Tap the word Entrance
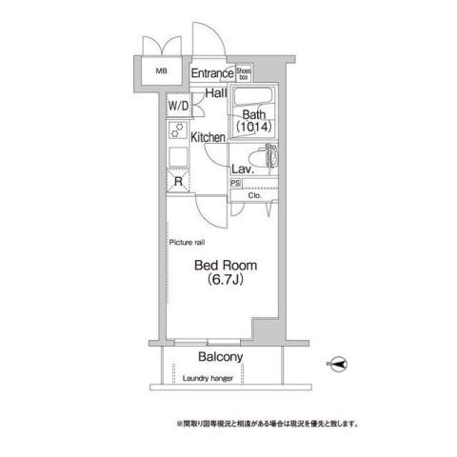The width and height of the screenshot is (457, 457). [x=211, y=74]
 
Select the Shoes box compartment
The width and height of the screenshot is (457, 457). [x=244, y=72]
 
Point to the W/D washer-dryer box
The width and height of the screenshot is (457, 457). [x=179, y=107]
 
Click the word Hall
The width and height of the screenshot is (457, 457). [x=216, y=93]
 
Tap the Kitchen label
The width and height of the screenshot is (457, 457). [x=208, y=138]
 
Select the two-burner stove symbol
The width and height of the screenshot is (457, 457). [x=177, y=131]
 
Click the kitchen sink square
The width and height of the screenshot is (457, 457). [x=177, y=157]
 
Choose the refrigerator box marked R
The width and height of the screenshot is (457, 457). [x=177, y=182]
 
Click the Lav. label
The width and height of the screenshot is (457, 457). [x=241, y=169]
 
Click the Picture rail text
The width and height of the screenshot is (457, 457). [x=187, y=243]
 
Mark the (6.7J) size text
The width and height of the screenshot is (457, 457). [x=221, y=283]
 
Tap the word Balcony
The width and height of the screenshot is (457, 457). [x=221, y=357]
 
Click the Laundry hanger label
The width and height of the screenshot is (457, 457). [x=209, y=380]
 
